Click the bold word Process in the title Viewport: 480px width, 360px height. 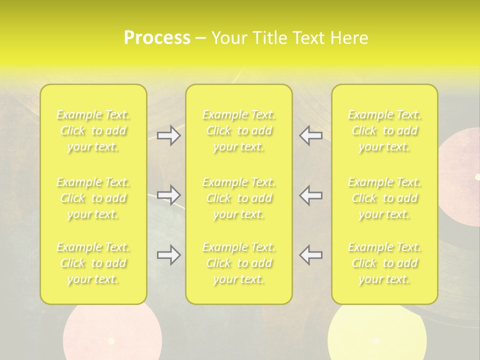pyautogui.click(x=157, y=38)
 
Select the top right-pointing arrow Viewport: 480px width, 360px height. pyautogui.click(x=168, y=135)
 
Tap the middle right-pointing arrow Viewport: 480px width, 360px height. pyautogui.click(x=168, y=195)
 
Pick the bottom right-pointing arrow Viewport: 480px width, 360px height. pyautogui.click(x=168, y=255)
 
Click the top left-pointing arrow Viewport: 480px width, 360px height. pyautogui.click(x=310, y=135)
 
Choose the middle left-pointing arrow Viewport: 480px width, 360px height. pyautogui.click(x=310, y=195)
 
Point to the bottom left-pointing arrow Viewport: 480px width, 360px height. pyautogui.click(x=310, y=255)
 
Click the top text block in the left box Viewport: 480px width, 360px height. pyautogui.click(x=93, y=131)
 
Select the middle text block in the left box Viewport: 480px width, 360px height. pyautogui.click(x=93, y=198)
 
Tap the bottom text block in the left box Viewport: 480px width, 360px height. pyautogui.click(x=93, y=263)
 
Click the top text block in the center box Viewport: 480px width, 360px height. pyautogui.click(x=239, y=131)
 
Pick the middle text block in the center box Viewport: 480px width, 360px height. pyautogui.click(x=239, y=198)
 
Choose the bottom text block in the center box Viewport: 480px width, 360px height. pyautogui.click(x=239, y=263)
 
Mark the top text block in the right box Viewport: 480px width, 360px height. pyautogui.click(x=384, y=131)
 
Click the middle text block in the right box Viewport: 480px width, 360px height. pyautogui.click(x=384, y=198)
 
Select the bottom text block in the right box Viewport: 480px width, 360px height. pyautogui.click(x=384, y=263)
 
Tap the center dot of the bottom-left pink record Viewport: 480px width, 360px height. pyautogui.click(x=111, y=341)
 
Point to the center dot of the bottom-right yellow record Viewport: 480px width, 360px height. pyautogui.click(x=376, y=340)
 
